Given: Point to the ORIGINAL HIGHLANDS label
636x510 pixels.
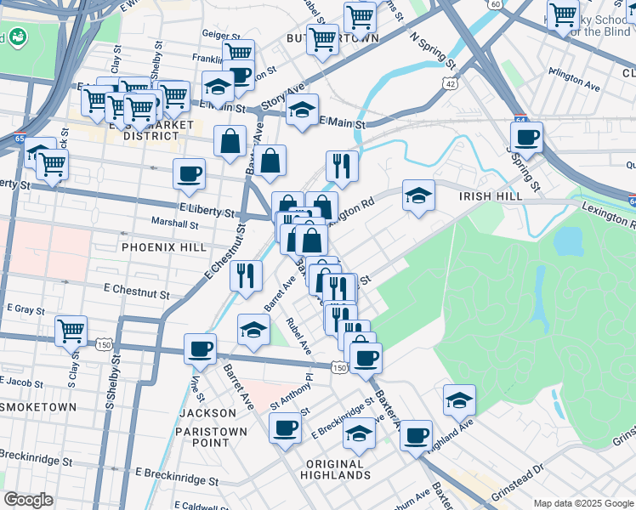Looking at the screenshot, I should tap(335, 469).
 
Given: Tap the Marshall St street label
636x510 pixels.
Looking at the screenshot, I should tap(175, 225).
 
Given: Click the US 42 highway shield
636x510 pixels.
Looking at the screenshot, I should tap(451, 83).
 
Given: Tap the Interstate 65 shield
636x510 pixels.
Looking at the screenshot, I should tap(19, 133).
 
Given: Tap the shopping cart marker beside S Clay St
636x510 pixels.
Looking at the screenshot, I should tap(71, 330).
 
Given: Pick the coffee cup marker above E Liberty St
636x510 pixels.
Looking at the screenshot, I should tap(189, 173).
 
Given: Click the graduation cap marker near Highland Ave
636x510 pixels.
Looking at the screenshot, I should tap(459, 399).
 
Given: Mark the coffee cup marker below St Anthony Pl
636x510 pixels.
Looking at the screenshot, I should tap(286, 427).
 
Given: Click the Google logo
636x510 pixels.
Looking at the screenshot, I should tap(29, 500).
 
